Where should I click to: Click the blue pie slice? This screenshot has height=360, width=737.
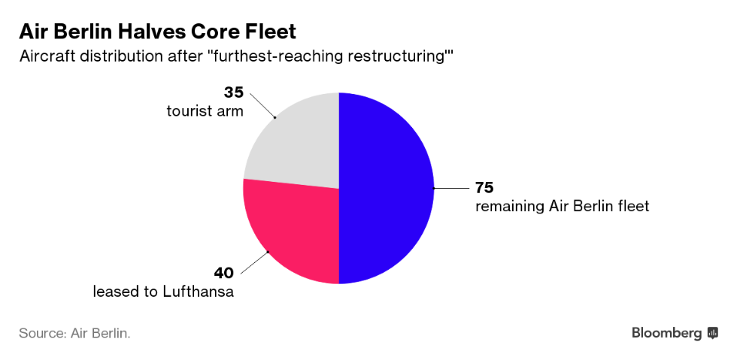pyautogui.click(x=387, y=188)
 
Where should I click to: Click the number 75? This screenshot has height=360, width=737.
pyautogui.click(x=484, y=187)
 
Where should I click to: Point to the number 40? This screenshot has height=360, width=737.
pyautogui.click(x=224, y=273)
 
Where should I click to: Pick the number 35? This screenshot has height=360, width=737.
pyautogui.click(x=234, y=93)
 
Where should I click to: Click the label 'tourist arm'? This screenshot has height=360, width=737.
pyautogui.click(x=205, y=111)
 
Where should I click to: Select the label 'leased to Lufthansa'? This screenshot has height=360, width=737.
pyautogui.click(x=163, y=292)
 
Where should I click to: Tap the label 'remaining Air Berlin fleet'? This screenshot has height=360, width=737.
pyautogui.click(x=562, y=205)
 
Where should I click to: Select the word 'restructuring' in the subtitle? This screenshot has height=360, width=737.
pyautogui.click(x=403, y=56)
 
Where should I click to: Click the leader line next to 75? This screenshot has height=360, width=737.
pyautogui.click(x=452, y=188)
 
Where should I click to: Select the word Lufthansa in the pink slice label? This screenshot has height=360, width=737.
pyautogui.click(x=199, y=292)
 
